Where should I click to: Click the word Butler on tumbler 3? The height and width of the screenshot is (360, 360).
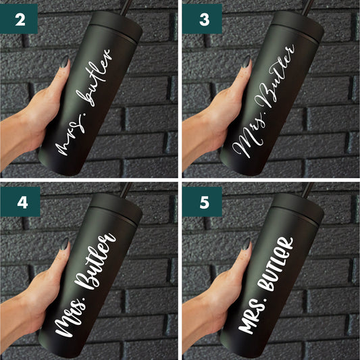[x=279, y=80]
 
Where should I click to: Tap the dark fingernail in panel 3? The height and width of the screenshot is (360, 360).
[x=247, y=62]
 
